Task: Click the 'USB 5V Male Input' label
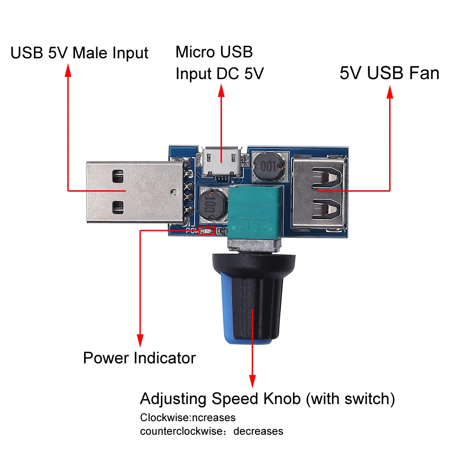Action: (x=79, y=53)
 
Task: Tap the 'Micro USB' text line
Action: (x=214, y=52)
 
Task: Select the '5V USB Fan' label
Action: (x=389, y=73)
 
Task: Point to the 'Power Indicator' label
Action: (x=139, y=358)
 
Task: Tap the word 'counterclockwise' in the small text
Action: (x=181, y=431)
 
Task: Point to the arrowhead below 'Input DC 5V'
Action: (x=221, y=92)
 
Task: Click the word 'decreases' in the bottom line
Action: (x=258, y=431)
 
